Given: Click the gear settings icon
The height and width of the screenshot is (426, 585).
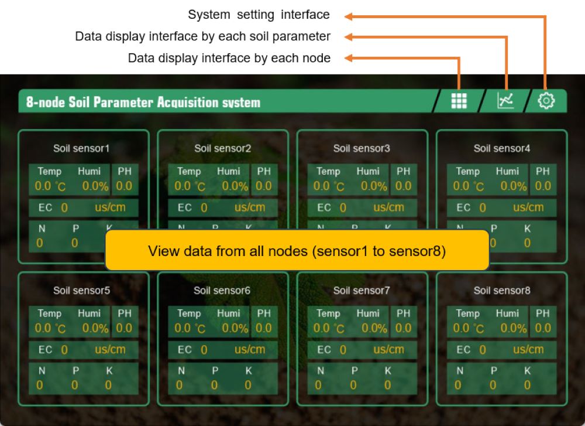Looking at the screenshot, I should click(x=546, y=101).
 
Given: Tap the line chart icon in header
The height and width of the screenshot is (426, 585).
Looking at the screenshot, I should click(x=505, y=101).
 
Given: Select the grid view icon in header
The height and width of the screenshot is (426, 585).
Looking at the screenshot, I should click(x=459, y=101).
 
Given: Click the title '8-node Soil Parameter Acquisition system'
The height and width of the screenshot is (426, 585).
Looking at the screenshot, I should click(x=143, y=103).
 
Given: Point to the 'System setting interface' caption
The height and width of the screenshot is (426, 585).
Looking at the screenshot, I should click(x=259, y=15).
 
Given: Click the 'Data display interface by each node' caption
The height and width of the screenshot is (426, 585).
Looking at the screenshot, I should click(x=229, y=58).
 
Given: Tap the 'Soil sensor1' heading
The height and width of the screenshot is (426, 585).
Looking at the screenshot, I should click(x=81, y=148).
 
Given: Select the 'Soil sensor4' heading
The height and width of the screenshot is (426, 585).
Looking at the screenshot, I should click(x=501, y=148).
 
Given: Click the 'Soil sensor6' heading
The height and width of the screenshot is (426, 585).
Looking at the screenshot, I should click(x=222, y=290).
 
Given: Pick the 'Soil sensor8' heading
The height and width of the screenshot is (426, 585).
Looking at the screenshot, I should click(x=501, y=290).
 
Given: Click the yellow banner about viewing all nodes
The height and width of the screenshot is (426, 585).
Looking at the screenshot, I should click(x=297, y=251).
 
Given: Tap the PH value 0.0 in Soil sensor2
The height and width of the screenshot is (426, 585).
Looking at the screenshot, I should click(x=264, y=186).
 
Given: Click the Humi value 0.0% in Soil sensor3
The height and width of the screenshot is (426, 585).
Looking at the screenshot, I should click(x=374, y=186).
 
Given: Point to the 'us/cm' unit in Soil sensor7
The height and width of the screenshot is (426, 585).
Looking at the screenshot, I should click(x=388, y=349).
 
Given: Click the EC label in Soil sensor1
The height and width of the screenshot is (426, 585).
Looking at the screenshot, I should click(x=45, y=207).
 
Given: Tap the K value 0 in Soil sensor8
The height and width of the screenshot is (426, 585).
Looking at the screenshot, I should click(x=527, y=385).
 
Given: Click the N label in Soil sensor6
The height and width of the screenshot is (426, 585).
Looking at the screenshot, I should click(x=181, y=371).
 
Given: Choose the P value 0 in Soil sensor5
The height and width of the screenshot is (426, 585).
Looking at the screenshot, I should click(x=74, y=385).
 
